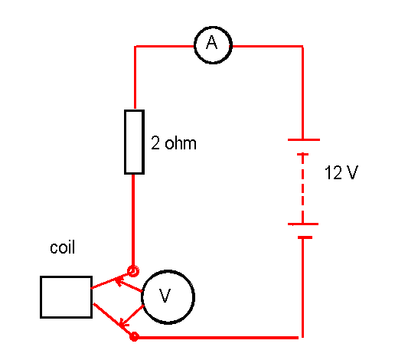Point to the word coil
(x=63, y=247)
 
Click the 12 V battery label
(x=341, y=172)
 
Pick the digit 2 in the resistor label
(x=155, y=142)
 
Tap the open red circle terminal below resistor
(x=133, y=271)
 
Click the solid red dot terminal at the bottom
(x=134, y=337)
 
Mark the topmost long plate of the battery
(x=304, y=139)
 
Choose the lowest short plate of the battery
(x=305, y=237)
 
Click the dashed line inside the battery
(x=303, y=189)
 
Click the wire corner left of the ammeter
(x=135, y=47)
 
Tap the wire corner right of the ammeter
(x=302, y=47)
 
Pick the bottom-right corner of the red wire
(x=302, y=338)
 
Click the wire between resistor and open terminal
(x=133, y=220)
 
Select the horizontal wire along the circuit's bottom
(x=218, y=338)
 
